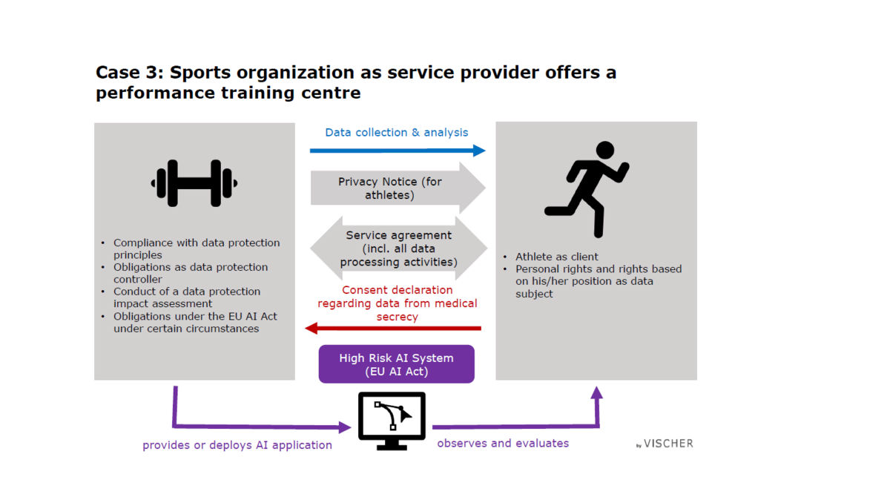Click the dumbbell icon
[x=194, y=183]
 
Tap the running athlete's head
[x=605, y=151]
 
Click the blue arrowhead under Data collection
[x=479, y=151]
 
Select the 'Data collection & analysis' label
[x=397, y=132]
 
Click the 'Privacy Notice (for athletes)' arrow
[x=398, y=188]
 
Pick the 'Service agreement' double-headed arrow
[x=398, y=249]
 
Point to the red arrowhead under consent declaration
[x=311, y=329]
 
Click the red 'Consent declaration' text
[x=398, y=303]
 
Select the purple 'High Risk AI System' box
[x=397, y=364]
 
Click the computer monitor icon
[x=392, y=421]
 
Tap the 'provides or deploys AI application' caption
[x=237, y=445]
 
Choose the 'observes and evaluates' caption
[x=503, y=443]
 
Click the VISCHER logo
[x=665, y=444]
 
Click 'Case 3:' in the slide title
[x=130, y=73]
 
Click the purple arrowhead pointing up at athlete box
[x=597, y=392]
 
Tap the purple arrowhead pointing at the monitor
[x=345, y=427]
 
